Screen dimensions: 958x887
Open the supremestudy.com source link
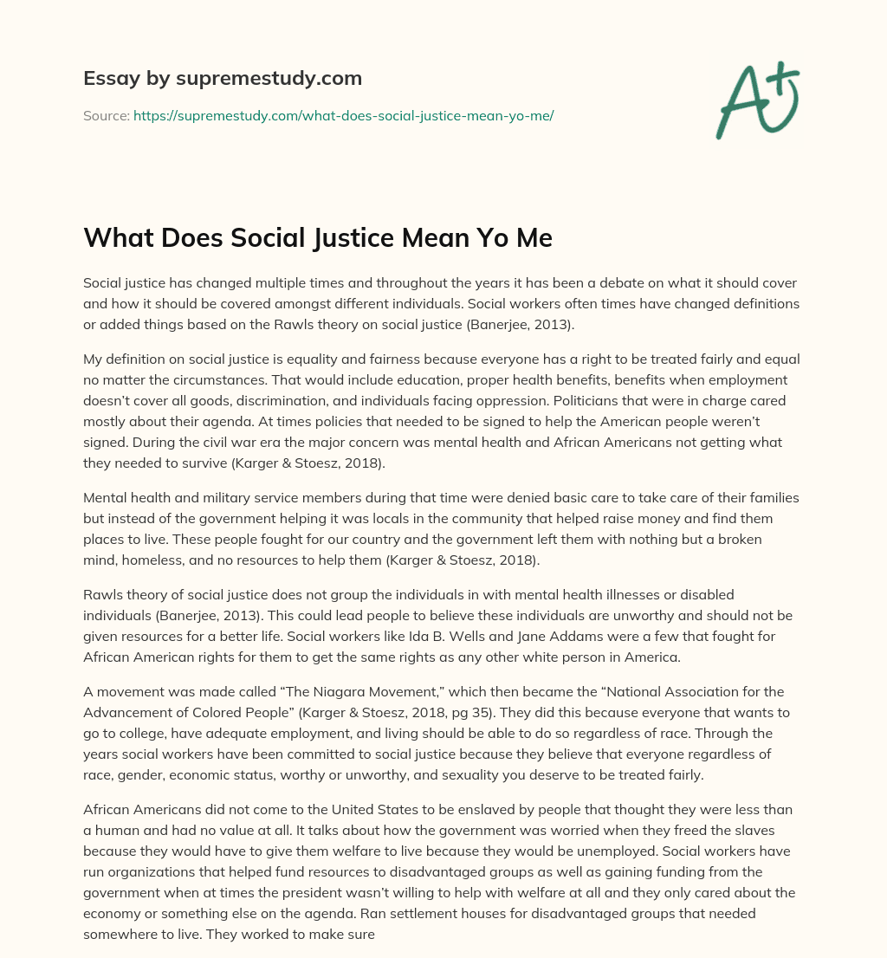(343, 115)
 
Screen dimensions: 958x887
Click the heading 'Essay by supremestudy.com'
(223, 79)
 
